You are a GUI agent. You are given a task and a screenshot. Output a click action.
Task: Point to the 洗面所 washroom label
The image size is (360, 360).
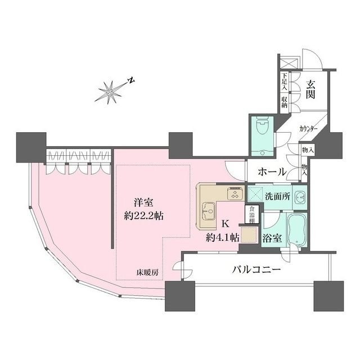(x=277, y=198)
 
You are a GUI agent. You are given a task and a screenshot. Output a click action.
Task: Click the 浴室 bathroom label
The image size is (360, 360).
(x=272, y=237)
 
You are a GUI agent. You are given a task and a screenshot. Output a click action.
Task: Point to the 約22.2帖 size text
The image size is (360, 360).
(x=143, y=215)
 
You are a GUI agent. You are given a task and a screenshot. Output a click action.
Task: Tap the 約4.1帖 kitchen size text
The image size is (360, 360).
(x=223, y=237)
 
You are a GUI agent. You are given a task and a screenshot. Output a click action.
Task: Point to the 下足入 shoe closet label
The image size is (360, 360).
(x=285, y=82)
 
